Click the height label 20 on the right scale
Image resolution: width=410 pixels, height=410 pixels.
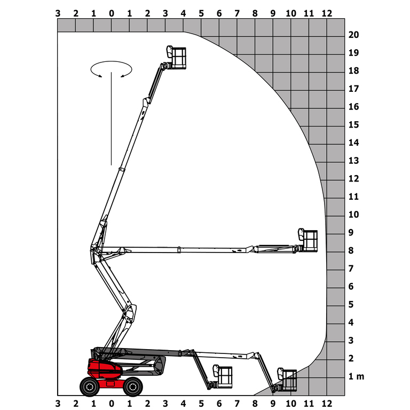353,35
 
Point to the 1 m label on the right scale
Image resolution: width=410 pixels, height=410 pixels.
356,376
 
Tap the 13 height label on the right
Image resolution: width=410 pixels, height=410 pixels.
353,161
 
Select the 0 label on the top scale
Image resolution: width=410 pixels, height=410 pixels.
112,13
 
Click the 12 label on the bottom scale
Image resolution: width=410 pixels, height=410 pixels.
327,404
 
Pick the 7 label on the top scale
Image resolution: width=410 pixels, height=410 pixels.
237,13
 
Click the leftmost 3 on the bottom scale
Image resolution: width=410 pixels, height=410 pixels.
58,404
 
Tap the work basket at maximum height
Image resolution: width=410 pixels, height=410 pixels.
177,58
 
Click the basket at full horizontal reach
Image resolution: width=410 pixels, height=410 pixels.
308,240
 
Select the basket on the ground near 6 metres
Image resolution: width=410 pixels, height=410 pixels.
223,377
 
